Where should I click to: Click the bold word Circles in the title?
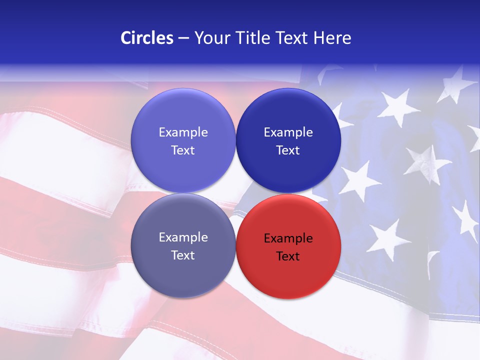coord(146,38)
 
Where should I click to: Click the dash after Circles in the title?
coord(183,38)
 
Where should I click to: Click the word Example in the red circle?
coord(288,238)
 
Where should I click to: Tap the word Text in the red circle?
coord(288,256)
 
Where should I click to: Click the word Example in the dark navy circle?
coord(288,132)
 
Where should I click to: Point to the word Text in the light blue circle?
coord(183,150)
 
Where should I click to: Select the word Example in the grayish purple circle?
coord(183,237)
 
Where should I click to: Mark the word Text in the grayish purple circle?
coord(183,255)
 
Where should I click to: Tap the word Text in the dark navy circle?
coord(288,150)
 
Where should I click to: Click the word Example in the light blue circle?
coord(183,132)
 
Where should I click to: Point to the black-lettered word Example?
coord(288,238)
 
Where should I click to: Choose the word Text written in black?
coord(288,256)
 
